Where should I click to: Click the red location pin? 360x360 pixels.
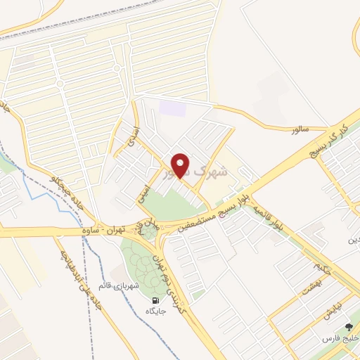(x=181, y=165)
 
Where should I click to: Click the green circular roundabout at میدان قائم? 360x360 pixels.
(x=148, y=232)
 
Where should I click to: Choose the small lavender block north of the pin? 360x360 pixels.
(x=172, y=109)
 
